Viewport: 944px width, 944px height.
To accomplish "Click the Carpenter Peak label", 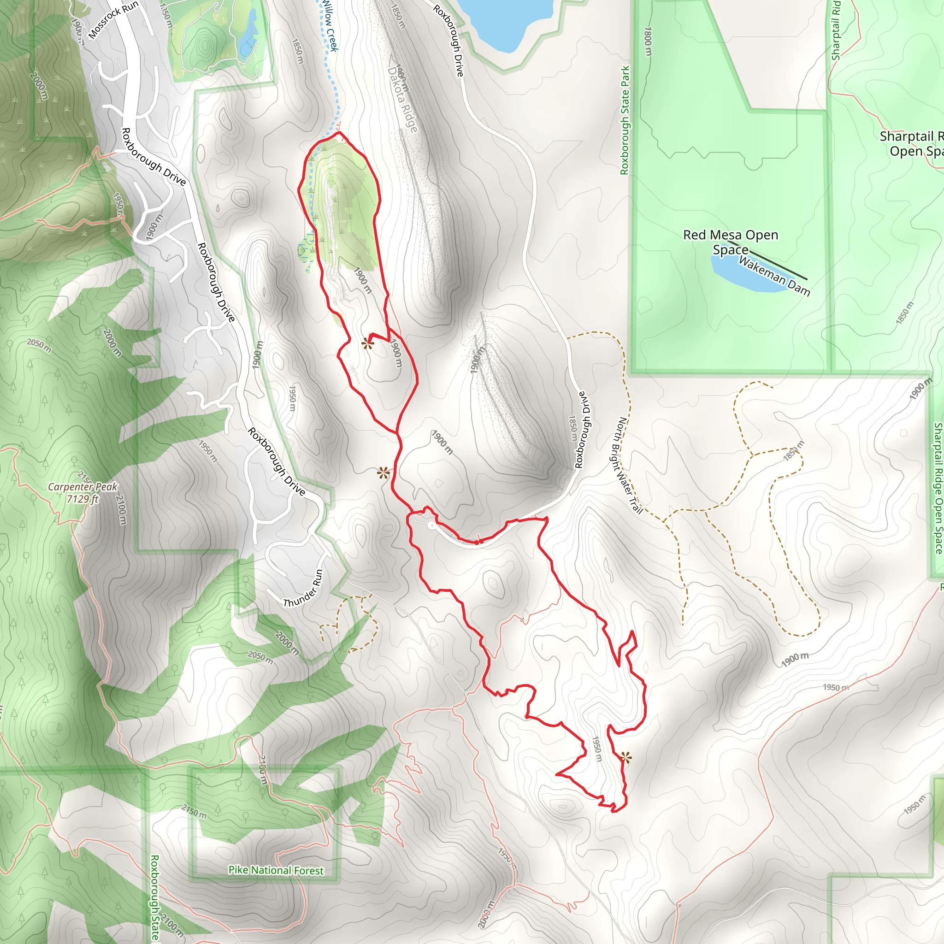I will [x=83, y=487].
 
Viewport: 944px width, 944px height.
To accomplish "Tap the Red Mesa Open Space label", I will [x=731, y=242].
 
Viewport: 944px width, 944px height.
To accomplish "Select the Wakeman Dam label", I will [x=774, y=276].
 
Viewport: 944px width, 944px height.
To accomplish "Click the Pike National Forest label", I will [x=276, y=870].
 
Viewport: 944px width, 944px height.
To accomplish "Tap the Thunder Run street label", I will [x=303, y=588].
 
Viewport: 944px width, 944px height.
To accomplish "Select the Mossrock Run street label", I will [x=113, y=20].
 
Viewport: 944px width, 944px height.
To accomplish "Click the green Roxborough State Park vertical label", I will [x=625, y=120].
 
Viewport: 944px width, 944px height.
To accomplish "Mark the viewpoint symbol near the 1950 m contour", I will [x=625, y=758].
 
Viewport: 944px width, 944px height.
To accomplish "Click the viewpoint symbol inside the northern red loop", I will [x=367, y=344].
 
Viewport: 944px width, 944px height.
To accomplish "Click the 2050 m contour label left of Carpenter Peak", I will [x=39, y=345].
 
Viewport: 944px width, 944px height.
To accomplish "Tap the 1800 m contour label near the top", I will [x=649, y=41].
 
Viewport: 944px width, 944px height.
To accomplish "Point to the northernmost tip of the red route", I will [x=339, y=132].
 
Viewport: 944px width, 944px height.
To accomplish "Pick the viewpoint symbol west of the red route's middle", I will [x=383, y=473].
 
